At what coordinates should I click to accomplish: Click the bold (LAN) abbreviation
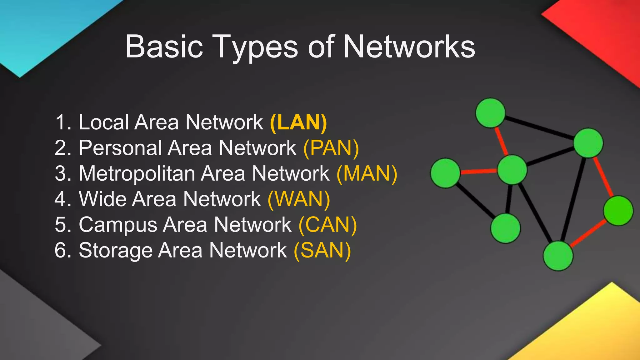298,122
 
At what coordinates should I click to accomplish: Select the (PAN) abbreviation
331,148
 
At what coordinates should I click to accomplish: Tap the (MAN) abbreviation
367,173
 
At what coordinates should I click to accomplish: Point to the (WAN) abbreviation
299,199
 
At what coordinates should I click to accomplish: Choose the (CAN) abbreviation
327,225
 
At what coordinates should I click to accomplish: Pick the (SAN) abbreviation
322,250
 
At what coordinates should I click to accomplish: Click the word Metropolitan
137,173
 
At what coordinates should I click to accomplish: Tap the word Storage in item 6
116,251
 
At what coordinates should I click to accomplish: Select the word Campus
118,225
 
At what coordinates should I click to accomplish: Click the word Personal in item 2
120,148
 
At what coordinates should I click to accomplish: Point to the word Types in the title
256,47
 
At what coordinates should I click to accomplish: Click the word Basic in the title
164,47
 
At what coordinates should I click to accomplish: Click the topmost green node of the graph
490,113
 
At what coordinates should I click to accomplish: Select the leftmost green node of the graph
445,173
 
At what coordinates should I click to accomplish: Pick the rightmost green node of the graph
618,211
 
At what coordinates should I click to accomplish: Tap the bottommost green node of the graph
558,256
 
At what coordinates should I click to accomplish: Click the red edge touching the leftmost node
478,171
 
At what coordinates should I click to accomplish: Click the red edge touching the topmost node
501,141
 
